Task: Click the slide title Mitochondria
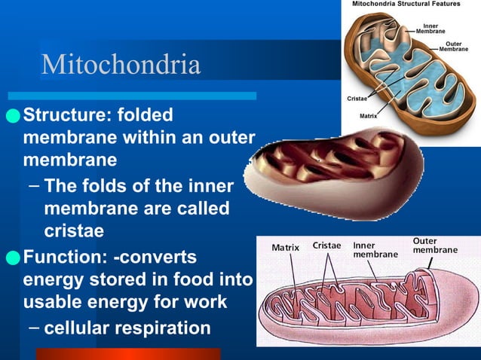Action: click(x=121, y=65)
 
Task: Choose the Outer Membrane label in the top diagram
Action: click(x=453, y=47)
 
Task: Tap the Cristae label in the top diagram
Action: click(x=357, y=99)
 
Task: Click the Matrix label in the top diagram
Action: click(x=369, y=116)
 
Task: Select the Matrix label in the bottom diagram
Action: click(x=285, y=247)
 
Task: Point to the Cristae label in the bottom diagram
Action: click(x=326, y=246)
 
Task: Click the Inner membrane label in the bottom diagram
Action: click(x=375, y=250)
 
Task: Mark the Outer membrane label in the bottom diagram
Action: click(x=435, y=246)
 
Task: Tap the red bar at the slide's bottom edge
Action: click(x=128, y=354)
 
